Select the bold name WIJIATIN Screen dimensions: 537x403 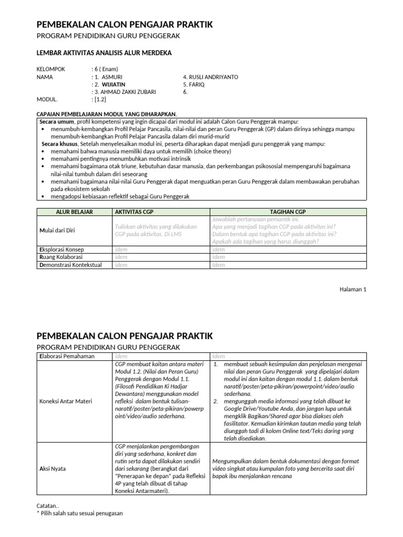(114, 84)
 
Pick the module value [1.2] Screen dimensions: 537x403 (100, 99)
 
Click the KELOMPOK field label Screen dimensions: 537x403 (50, 69)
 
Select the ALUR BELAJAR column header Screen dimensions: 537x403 (74, 211)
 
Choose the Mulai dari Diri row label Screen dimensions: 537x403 (59, 230)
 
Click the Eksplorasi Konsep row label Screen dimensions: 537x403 (61, 250)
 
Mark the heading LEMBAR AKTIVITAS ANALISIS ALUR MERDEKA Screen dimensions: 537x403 (103, 53)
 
